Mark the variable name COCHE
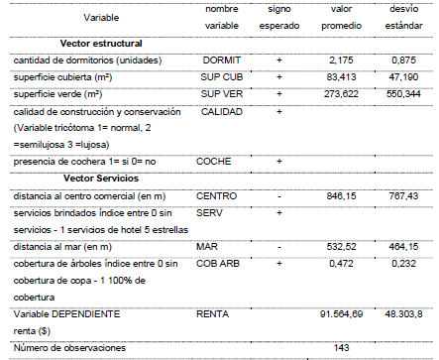click(x=214, y=161)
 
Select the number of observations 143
click(x=343, y=348)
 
